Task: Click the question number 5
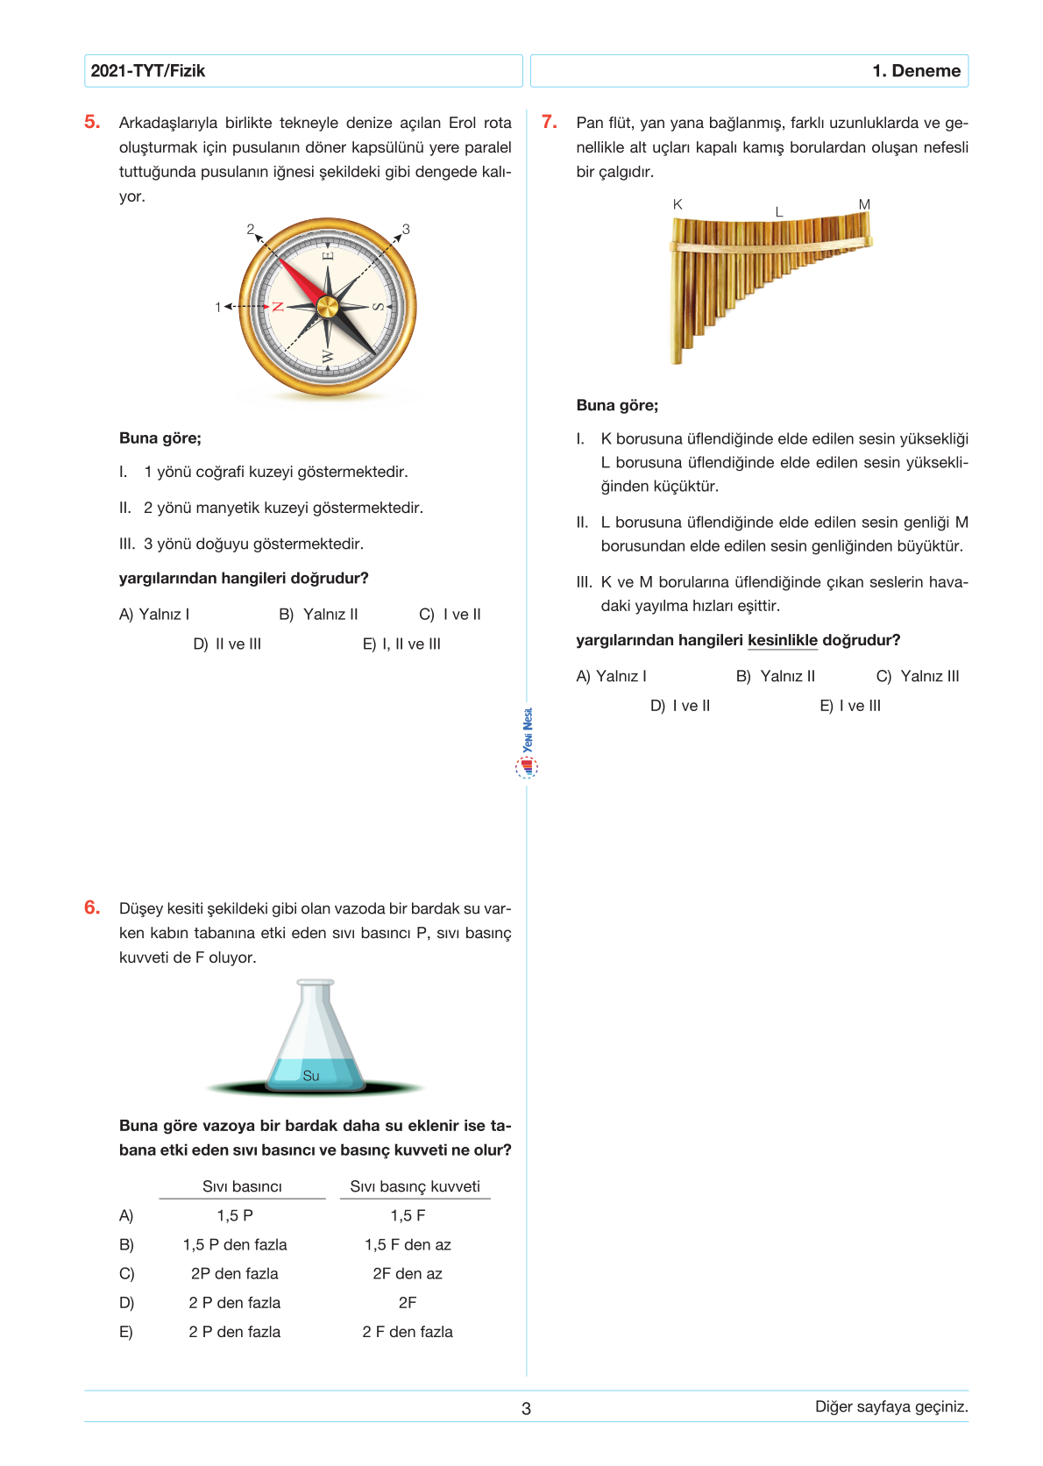click(x=92, y=123)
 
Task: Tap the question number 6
click(x=92, y=908)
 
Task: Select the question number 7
click(x=549, y=123)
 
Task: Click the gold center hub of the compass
click(x=327, y=307)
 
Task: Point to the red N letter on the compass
click(x=278, y=307)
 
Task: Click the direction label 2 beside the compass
click(x=251, y=230)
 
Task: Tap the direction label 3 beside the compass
click(x=406, y=230)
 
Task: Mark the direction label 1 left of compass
click(x=218, y=307)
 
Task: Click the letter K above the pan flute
click(x=678, y=204)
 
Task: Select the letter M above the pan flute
click(x=864, y=204)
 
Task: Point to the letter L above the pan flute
click(x=778, y=212)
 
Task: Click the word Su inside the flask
click(x=311, y=1076)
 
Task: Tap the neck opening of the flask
click(x=316, y=983)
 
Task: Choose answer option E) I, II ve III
click(x=401, y=644)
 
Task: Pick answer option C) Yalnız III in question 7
click(x=918, y=676)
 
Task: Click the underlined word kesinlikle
click(x=782, y=640)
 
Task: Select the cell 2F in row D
click(x=408, y=1303)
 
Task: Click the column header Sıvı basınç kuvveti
click(x=415, y=1186)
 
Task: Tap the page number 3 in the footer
click(x=526, y=1409)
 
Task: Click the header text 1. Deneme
click(x=916, y=71)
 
